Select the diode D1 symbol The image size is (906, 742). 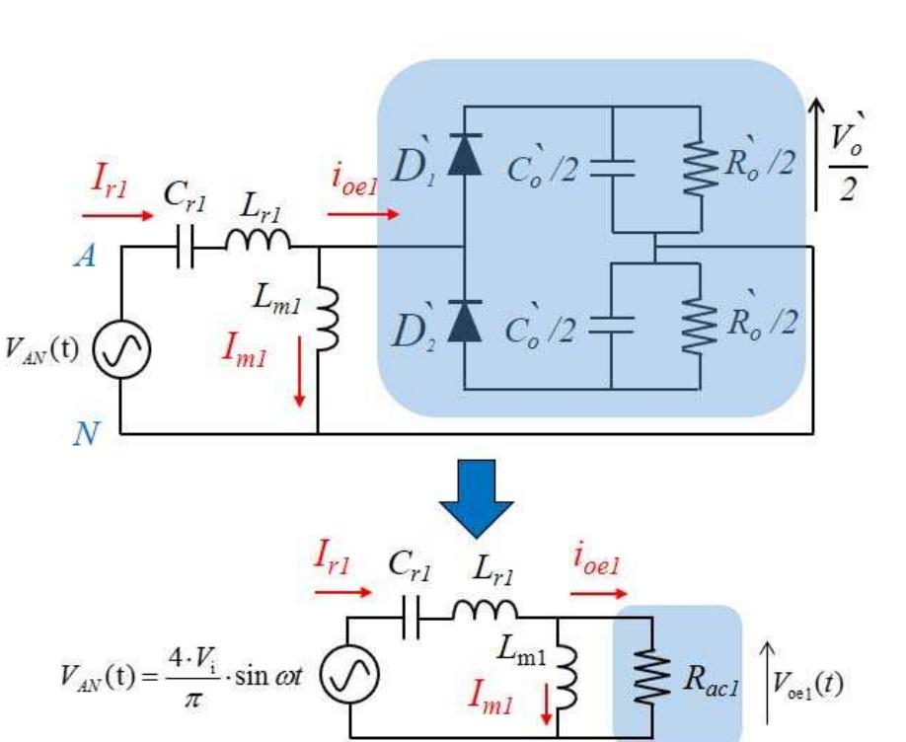pyautogui.click(x=462, y=160)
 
